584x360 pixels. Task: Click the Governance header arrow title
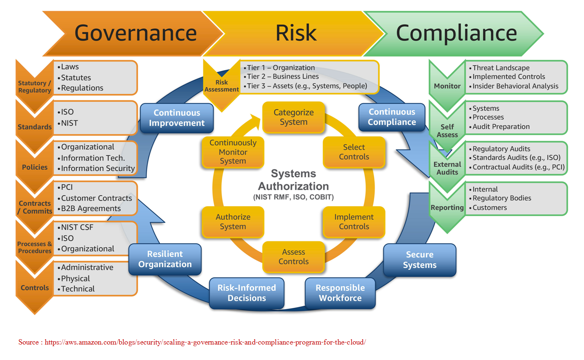coord(135,33)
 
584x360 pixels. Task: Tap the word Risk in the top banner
coord(296,33)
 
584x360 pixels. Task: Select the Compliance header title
coord(456,33)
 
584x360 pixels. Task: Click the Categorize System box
coord(293,117)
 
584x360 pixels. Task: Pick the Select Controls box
coord(354,152)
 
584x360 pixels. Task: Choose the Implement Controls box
coord(354,222)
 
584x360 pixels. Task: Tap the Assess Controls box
coord(293,257)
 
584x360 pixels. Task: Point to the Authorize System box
coord(233,222)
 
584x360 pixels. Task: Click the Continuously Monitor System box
coord(233,152)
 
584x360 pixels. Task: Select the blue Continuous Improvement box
coord(176,118)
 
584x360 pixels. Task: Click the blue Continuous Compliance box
coord(392,117)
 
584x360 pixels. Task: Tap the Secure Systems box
coord(419,260)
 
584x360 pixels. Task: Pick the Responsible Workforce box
coord(340,293)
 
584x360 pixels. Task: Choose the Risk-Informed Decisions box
coord(247,293)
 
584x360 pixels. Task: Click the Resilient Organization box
coord(165,259)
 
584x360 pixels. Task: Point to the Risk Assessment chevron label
coord(221,86)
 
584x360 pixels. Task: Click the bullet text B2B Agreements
coord(91,209)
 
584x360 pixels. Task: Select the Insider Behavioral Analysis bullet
coord(516,86)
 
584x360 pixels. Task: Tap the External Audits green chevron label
coord(447,168)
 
